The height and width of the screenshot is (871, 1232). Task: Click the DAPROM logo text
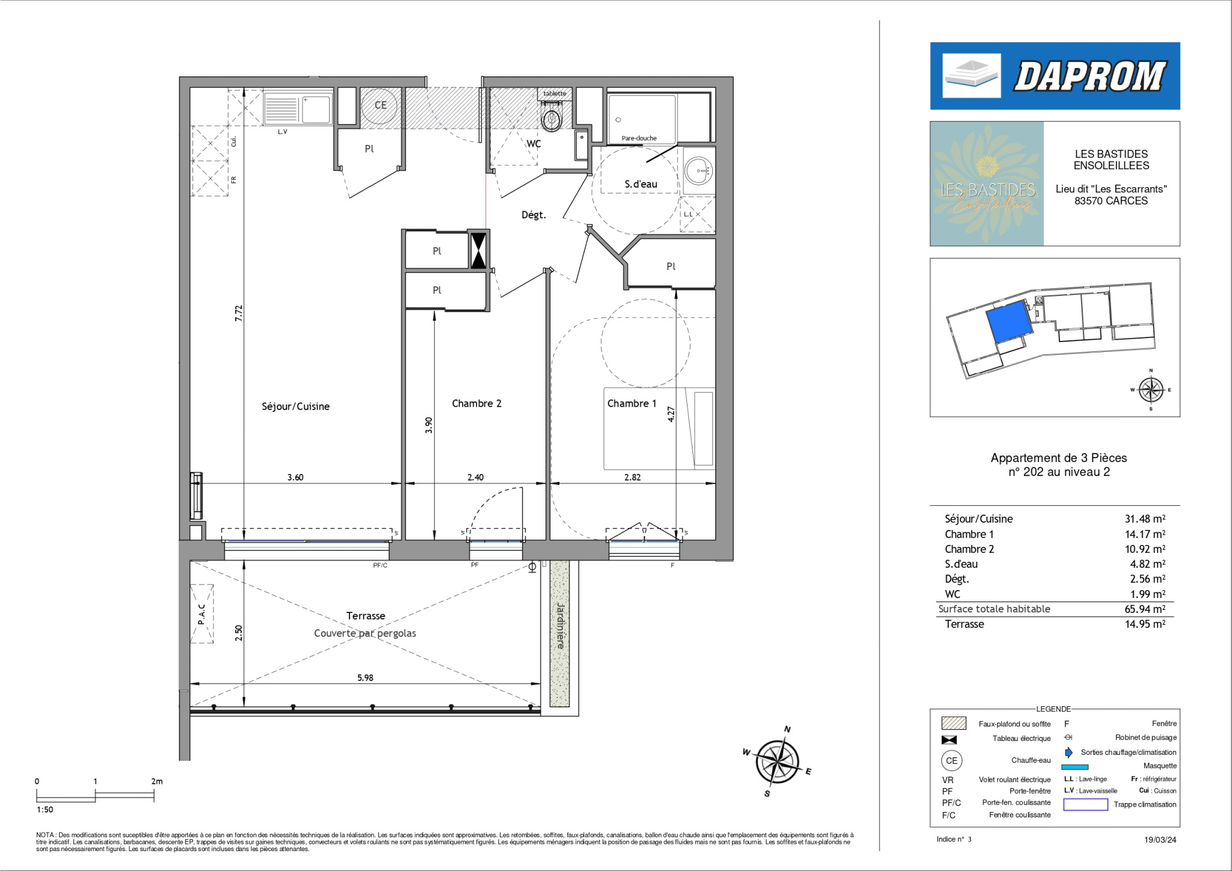[1090, 76]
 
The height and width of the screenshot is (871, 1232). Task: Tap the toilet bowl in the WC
[552, 117]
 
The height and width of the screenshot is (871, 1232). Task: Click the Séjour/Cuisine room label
[295, 407]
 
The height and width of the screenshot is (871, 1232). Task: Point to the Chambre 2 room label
[476, 404]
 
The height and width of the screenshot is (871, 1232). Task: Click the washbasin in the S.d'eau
[698, 171]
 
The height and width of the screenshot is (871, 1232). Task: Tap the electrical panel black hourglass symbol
[478, 250]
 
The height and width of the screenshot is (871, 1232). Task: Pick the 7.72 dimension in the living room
[239, 313]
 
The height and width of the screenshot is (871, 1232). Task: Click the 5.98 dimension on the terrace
[365, 677]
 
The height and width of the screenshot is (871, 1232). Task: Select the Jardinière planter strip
[559, 633]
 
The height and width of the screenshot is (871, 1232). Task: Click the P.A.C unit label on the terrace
[202, 614]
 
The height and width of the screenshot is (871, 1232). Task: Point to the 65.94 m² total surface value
[1145, 609]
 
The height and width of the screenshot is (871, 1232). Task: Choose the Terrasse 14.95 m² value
[1145, 624]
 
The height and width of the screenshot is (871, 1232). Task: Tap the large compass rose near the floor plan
[777, 761]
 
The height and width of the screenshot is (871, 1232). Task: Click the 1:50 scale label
[45, 810]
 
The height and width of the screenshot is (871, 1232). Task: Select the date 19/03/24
[1160, 840]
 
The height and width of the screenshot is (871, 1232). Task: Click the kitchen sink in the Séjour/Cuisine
[298, 108]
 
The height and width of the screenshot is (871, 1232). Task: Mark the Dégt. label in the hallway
[534, 215]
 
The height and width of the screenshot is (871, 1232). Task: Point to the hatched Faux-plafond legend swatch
[953, 723]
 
